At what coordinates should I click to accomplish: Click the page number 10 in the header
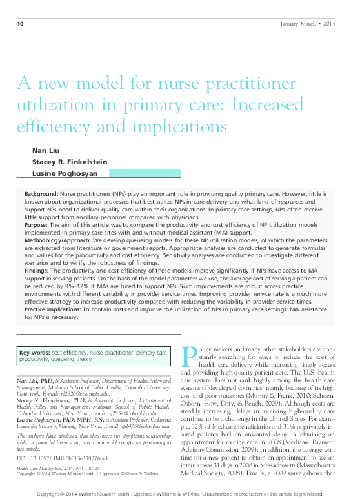click(x=20, y=24)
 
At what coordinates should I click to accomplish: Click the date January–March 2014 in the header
click(x=308, y=24)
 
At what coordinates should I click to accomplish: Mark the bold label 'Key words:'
click(x=35, y=353)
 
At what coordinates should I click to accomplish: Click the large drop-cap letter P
click(x=189, y=355)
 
